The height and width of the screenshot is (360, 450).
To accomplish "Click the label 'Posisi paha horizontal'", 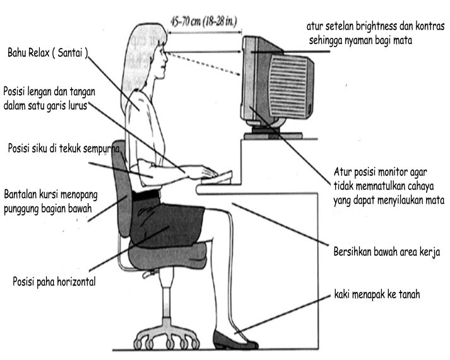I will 54,282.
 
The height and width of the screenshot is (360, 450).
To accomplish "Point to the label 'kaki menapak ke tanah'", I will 377,294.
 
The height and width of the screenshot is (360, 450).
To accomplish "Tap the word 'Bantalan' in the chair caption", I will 23,192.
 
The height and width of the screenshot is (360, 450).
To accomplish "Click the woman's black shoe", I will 234,340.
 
